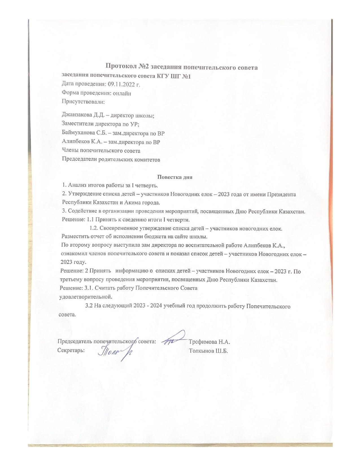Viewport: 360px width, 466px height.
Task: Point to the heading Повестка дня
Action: tap(174, 177)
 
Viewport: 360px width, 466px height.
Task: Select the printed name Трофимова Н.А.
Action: tap(210, 342)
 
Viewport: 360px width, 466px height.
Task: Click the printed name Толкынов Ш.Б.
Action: tap(208, 351)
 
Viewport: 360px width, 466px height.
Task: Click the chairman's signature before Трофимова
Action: tap(173, 339)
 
